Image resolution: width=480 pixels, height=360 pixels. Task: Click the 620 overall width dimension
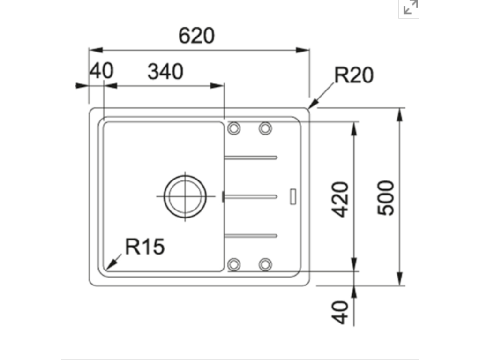point(196,36)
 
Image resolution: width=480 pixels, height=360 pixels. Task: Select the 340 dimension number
point(165,72)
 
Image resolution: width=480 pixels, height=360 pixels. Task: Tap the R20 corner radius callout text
point(353,75)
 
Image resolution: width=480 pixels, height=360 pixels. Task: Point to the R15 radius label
point(145,247)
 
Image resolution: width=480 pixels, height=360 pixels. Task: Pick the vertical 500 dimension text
point(387,197)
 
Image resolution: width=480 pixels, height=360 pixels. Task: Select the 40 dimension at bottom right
point(342,312)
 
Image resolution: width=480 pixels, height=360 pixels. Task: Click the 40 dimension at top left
point(101,71)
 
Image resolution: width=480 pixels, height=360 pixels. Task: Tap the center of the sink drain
point(185,196)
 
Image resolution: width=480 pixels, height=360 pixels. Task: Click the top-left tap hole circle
point(234,127)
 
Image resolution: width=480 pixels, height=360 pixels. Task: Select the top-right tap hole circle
point(265,127)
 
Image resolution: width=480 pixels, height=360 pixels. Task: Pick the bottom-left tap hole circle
point(234,264)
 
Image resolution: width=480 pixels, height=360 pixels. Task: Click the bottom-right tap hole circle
point(265,264)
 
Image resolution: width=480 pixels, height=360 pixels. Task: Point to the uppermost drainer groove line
point(251,157)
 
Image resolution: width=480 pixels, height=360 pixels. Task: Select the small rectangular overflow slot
point(293,196)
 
